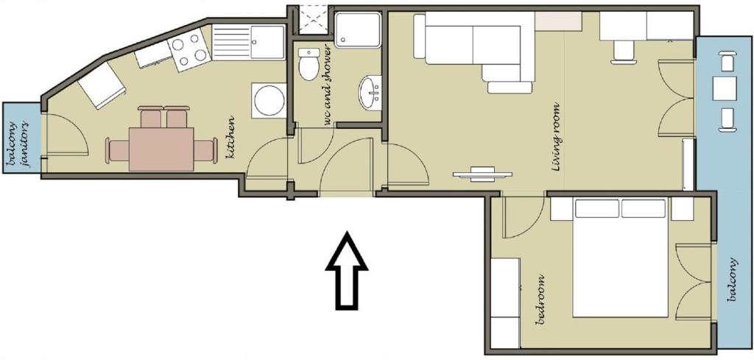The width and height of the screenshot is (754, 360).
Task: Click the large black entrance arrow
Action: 347,271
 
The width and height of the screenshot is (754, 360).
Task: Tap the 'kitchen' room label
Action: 230,138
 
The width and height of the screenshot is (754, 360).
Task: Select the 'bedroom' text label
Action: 541,300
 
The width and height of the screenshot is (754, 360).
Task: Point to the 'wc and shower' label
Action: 328,87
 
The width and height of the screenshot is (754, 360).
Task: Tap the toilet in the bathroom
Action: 309,65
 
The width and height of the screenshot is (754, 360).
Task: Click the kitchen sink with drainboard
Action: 248,42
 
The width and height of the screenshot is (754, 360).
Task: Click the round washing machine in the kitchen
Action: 268,100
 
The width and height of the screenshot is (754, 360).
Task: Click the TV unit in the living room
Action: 482,174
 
